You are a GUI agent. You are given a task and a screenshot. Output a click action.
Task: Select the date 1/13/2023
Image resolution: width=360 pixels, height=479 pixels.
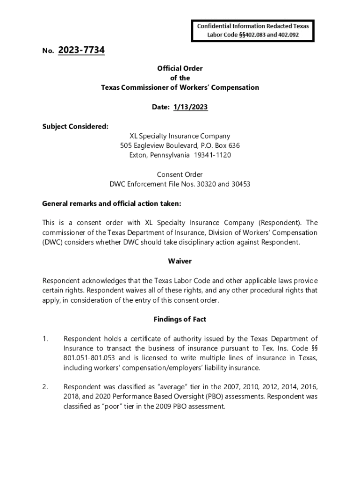pyautogui.click(x=190, y=107)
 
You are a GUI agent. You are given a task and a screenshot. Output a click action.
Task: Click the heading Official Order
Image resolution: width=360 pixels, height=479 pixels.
pyautogui.click(x=180, y=68)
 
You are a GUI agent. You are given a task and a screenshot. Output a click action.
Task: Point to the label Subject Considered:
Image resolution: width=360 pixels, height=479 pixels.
pyautogui.click(x=69, y=126)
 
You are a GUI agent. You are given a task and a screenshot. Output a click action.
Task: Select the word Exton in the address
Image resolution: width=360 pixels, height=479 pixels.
pyautogui.click(x=138, y=155)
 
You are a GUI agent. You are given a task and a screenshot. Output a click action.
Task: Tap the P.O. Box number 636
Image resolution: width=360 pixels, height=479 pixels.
pyautogui.click(x=233, y=145)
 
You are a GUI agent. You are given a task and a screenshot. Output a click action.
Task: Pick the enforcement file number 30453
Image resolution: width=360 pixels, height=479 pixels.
pyautogui.click(x=240, y=184)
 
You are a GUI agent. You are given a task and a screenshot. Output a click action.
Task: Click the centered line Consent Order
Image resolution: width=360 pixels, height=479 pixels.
pyautogui.click(x=180, y=174)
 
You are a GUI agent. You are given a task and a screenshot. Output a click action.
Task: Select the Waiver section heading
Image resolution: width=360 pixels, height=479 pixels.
pyautogui.click(x=180, y=261)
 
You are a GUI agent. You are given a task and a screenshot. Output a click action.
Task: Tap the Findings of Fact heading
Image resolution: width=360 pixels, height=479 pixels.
pyautogui.click(x=180, y=319)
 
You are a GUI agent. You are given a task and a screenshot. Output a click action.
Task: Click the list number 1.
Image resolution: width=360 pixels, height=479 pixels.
pyautogui.click(x=45, y=339)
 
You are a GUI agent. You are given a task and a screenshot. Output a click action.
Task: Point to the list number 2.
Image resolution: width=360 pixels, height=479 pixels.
pyautogui.click(x=45, y=387)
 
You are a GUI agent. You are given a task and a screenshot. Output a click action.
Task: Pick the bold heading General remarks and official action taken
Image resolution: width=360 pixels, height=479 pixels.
pyautogui.click(x=112, y=203)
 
